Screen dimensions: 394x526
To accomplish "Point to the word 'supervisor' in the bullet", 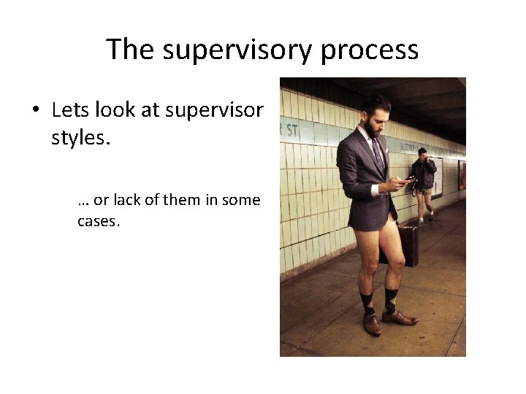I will (214, 110).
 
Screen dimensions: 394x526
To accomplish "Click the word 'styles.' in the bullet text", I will (80, 137).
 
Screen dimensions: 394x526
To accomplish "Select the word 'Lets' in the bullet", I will (69, 110).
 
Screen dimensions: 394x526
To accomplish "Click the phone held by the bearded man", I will (410, 179).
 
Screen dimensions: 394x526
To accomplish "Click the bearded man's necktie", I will (378, 153).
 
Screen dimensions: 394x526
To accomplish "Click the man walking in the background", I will (422, 182).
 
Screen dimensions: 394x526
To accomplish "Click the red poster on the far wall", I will (462, 174).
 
